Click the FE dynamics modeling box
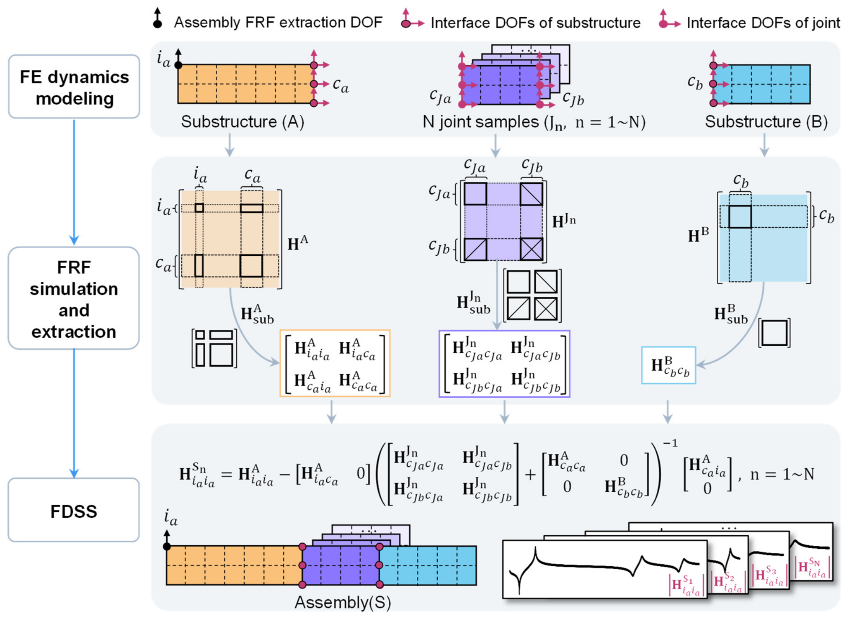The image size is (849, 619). tap(74, 87)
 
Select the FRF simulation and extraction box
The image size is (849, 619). tap(74, 298)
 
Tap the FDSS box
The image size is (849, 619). tap(74, 510)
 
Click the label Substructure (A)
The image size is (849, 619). tap(243, 122)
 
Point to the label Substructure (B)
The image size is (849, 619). tap(766, 122)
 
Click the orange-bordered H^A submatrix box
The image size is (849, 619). tap(335, 363)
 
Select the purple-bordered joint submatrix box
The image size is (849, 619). tap(504, 364)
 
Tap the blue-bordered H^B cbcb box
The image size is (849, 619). tap(668, 365)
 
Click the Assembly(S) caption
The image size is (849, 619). tap(343, 602)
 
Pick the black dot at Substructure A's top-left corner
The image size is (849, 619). tap(178, 65)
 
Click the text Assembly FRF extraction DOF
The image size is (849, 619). tap(278, 23)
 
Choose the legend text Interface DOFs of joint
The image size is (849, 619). tap(763, 23)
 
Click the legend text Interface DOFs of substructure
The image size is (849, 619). tap(536, 23)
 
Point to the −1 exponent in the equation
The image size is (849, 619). tap(670, 443)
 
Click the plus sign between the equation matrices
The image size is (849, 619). tap(530, 475)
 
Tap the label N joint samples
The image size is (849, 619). tap(480, 122)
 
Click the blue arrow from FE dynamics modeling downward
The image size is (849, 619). tap(74, 182)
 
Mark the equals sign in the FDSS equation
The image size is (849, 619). tap(226, 475)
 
